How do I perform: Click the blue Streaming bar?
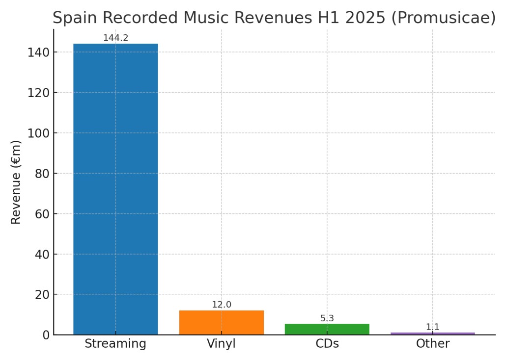pyautogui.click(x=115, y=189)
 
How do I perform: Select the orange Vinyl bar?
pyautogui.click(x=221, y=322)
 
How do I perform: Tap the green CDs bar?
pyautogui.click(x=327, y=329)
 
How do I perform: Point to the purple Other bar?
pyautogui.click(x=433, y=334)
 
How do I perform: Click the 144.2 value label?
pyautogui.click(x=115, y=38)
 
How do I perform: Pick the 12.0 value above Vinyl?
pyautogui.click(x=222, y=305)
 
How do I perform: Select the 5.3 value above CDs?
pyautogui.click(x=327, y=318)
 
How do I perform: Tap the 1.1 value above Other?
pyautogui.click(x=433, y=327)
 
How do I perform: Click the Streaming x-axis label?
pyautogui.click(x=115, y=344)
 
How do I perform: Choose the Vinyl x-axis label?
pyautogui.click(x=222, y=344)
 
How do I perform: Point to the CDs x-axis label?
pyautogui.click(x=327, y=344)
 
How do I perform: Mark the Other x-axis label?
pyautogui.click(x=433, y=344)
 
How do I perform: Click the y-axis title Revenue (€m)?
pyautogui.click(x=16, y=182)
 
